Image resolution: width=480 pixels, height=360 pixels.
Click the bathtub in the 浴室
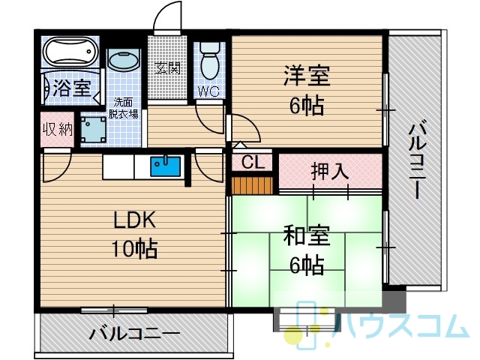click(x=70, y=51)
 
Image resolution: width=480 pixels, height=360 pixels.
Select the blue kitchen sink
click(x=165, y=166)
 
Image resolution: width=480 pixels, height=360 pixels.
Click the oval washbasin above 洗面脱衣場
click(x=124, y=61)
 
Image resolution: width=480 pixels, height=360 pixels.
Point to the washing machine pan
click(x=93, y=130)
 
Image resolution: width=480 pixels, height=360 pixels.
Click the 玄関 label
click(x=167, y=67)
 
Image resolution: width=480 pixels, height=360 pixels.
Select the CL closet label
click(x=253, y=162)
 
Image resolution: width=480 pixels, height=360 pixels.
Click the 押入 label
click(x=330, y=172)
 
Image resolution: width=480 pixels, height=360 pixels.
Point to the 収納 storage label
click(x=58, y=129)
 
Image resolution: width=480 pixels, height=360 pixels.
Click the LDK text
click(x=135, y=220)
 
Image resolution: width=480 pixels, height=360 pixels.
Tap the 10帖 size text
click(x=135, y=248)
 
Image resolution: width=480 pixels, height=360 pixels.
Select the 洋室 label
click(x=307, y=75)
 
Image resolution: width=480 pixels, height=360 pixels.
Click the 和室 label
click(x=307, y=235)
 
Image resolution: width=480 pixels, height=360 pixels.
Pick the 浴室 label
click(x=72, y=88)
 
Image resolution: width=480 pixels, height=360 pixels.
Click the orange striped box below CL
click(x=252, y=185)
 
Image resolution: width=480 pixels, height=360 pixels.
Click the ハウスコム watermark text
click(x=402, y=325)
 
